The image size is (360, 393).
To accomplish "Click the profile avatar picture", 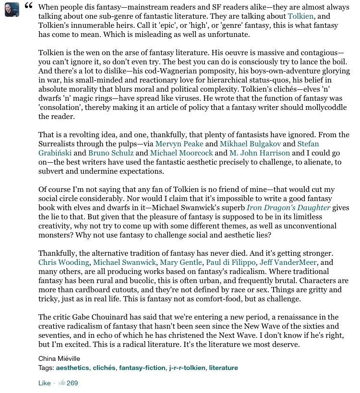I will click(12, 9).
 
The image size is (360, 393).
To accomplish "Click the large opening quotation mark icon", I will click(28, 6).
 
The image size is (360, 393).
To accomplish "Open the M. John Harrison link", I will click(260, 153).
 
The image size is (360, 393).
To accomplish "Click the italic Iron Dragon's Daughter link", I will click(288, 207).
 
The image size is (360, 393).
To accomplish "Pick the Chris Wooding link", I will click(64, 262).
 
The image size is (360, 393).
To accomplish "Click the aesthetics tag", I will click(72, 368).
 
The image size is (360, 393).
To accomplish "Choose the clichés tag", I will click(104, 368).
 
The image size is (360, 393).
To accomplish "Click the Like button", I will click(44, 383).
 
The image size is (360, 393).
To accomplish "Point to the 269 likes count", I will click(72, 383).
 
